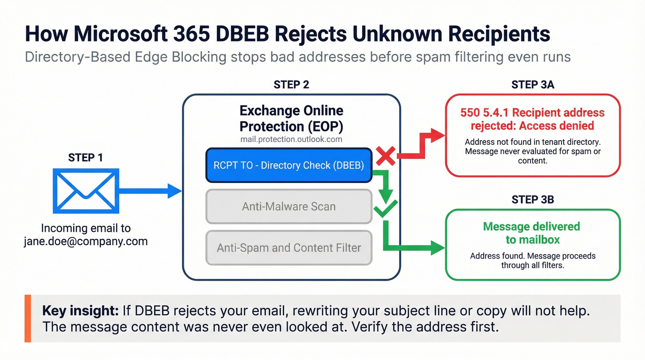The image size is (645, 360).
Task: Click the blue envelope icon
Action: (86, 191)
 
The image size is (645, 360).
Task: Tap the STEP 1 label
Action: (86, 157)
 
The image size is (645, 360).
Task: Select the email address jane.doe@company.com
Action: (86, 241)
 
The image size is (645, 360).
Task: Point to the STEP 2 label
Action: (291, 84)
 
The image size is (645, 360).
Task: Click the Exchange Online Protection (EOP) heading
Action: (291, 118)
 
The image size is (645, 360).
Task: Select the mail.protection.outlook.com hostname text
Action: (291, 139)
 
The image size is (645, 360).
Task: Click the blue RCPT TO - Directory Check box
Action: (288, 165)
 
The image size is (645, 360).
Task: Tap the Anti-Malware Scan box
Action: (288, 207)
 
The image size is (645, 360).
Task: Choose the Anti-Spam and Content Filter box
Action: (288, 248)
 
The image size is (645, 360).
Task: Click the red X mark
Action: (386, 157)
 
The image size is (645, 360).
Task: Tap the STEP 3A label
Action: (533, 84)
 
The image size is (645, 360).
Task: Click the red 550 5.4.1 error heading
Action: (532, 119)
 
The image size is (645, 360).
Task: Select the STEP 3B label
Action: (533, 199)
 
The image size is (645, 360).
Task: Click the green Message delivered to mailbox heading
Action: (531, 233)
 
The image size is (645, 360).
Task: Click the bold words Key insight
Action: (81, 310)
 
